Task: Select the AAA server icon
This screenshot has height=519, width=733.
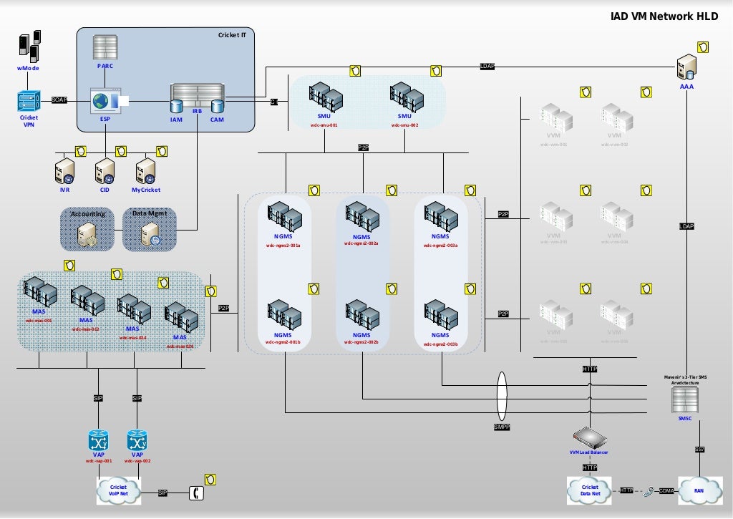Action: (x=686, y=67)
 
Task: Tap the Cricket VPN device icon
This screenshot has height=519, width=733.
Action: (x=29, y=101)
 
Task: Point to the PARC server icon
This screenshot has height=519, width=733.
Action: (x=105, y=47)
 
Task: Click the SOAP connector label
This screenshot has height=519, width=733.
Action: (x=59, y=100)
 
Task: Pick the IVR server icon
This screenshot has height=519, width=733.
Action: (x=64, y=172)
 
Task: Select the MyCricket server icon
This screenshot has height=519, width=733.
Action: (x=145, y=172)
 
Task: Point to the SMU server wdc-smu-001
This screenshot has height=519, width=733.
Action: (x=324, y=97)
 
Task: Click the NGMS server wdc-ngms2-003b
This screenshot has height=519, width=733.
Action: (x=440, y=315)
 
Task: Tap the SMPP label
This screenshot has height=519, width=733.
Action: (x=501, y=427)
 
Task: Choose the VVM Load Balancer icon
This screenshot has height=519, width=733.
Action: (x=589, y=437)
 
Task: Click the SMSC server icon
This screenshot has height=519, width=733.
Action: (x=684, y=402)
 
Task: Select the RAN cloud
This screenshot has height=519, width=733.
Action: (x=697, y=490)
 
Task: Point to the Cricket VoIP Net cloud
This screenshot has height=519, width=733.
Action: (x=118, y=491)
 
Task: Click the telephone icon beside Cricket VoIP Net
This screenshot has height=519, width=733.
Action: (x=195, y=493)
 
